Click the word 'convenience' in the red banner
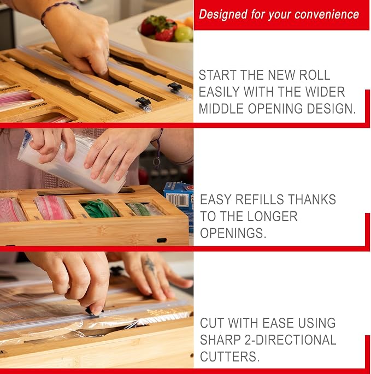tap(327, 14)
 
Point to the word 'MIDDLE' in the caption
tap(221, 109)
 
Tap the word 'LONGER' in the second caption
tap(273, 216)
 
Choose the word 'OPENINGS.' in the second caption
tap(233, 233)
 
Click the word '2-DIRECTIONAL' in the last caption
tap(290, 340)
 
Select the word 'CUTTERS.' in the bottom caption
tap(229, 357)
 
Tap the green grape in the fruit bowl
tap(184, 33)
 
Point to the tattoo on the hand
tap(150, 264)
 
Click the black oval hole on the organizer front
tap(162, 240)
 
